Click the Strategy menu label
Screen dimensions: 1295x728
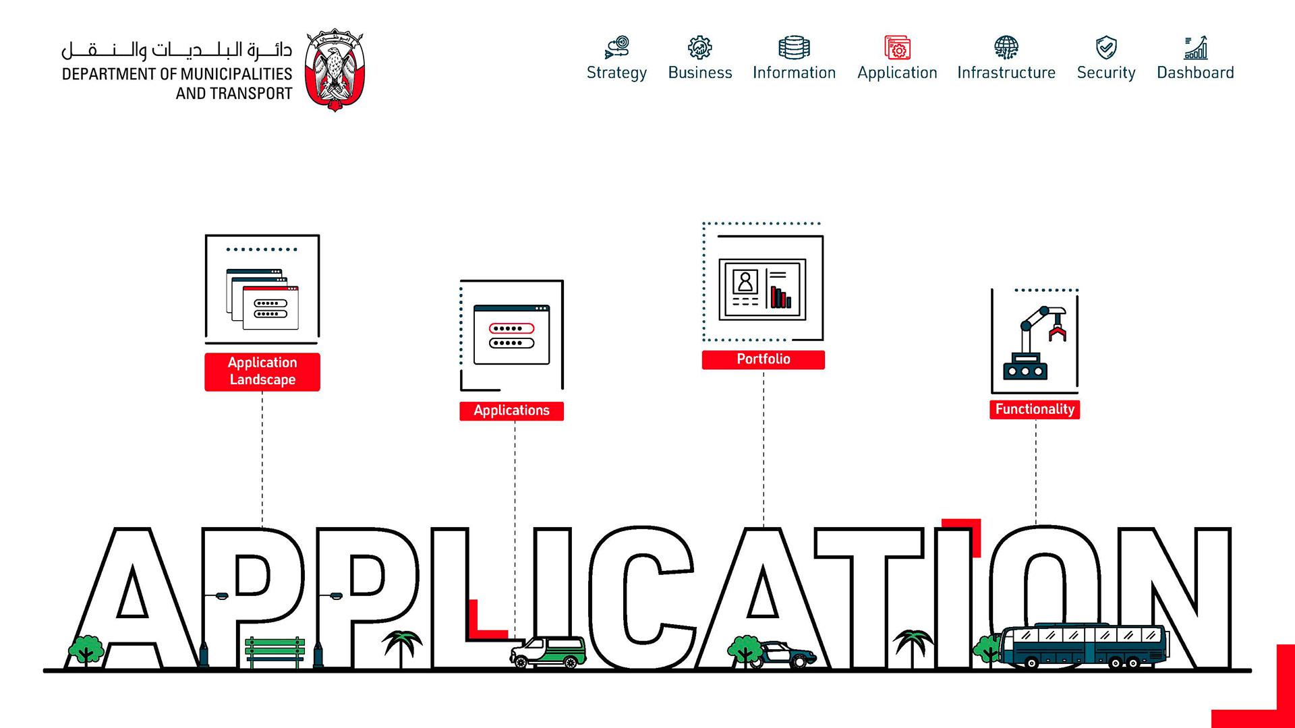tap(616, 73)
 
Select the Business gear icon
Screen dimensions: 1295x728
tap(699, 48)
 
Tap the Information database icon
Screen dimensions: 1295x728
tap(794, 48)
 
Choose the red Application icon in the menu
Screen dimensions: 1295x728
tap(897, 48)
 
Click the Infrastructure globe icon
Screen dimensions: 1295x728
tap(1006, 48)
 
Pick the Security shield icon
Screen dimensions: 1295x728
tap(1106, 48)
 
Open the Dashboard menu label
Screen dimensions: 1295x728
tap(1195, 73)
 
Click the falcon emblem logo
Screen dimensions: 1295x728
tap(335, 69)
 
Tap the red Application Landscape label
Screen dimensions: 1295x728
tap(262, 371)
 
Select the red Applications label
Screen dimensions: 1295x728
tap(511, 411)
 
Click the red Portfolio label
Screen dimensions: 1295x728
tap(763, 359)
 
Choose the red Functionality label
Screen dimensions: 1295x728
tap(1035, 409)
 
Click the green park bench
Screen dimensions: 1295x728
tap(275, 651)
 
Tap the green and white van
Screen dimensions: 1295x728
tap(548, 652)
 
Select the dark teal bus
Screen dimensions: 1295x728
tap(1083, 646)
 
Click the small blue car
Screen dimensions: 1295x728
tap(786, 655)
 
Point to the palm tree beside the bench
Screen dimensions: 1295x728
tap(402, 646)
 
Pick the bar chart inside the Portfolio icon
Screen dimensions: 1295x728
tap(781, 297)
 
